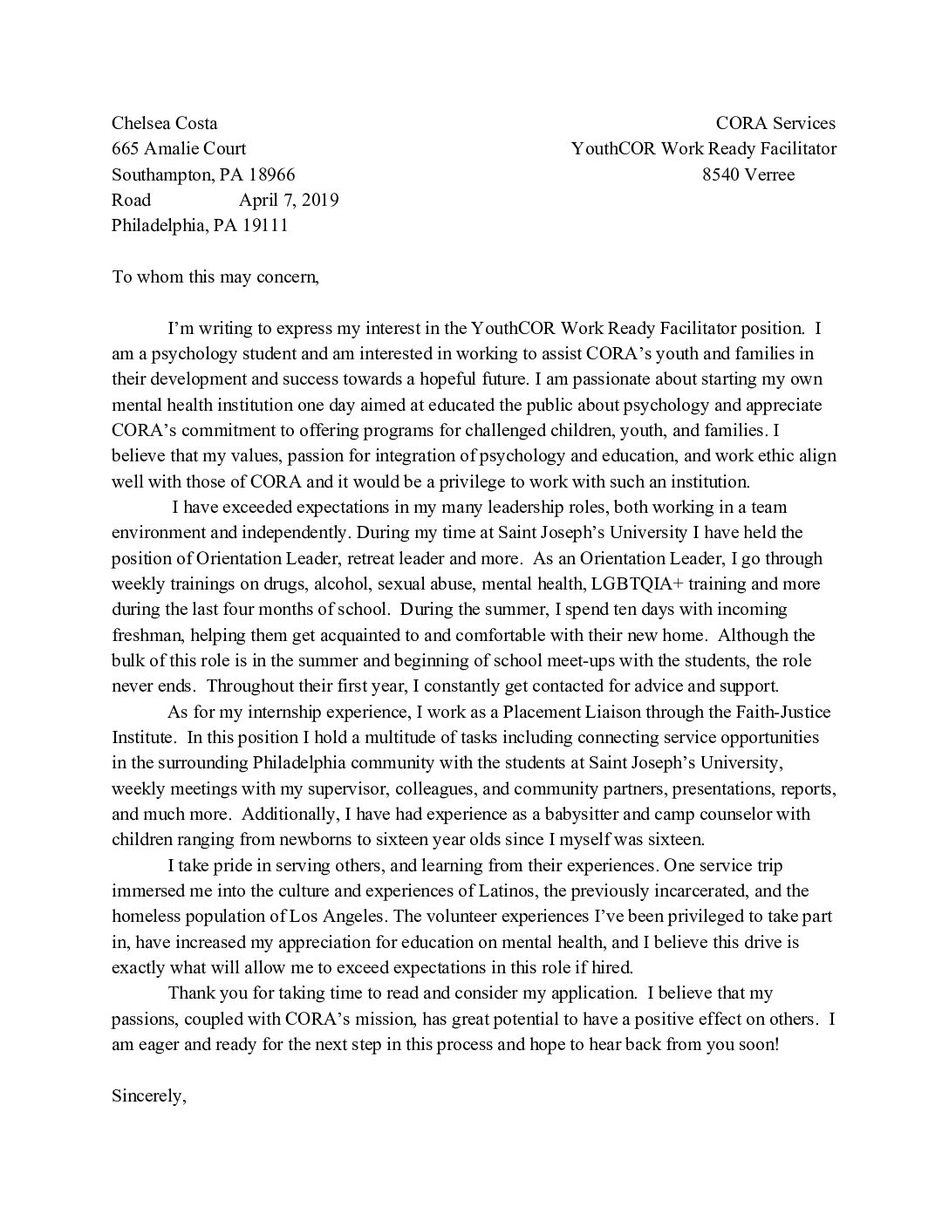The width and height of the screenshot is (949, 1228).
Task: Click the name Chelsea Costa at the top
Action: (x=164, y=123)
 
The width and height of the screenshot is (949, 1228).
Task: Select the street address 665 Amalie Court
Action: (x=179, y=148)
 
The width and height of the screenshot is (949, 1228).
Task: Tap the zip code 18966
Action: (x=271, y=174)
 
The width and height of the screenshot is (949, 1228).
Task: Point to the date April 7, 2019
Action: (x=289, y=200)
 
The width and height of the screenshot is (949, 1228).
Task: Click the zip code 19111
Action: (x=263, y=226)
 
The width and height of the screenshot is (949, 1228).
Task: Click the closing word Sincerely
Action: (x=149, y=1095)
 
